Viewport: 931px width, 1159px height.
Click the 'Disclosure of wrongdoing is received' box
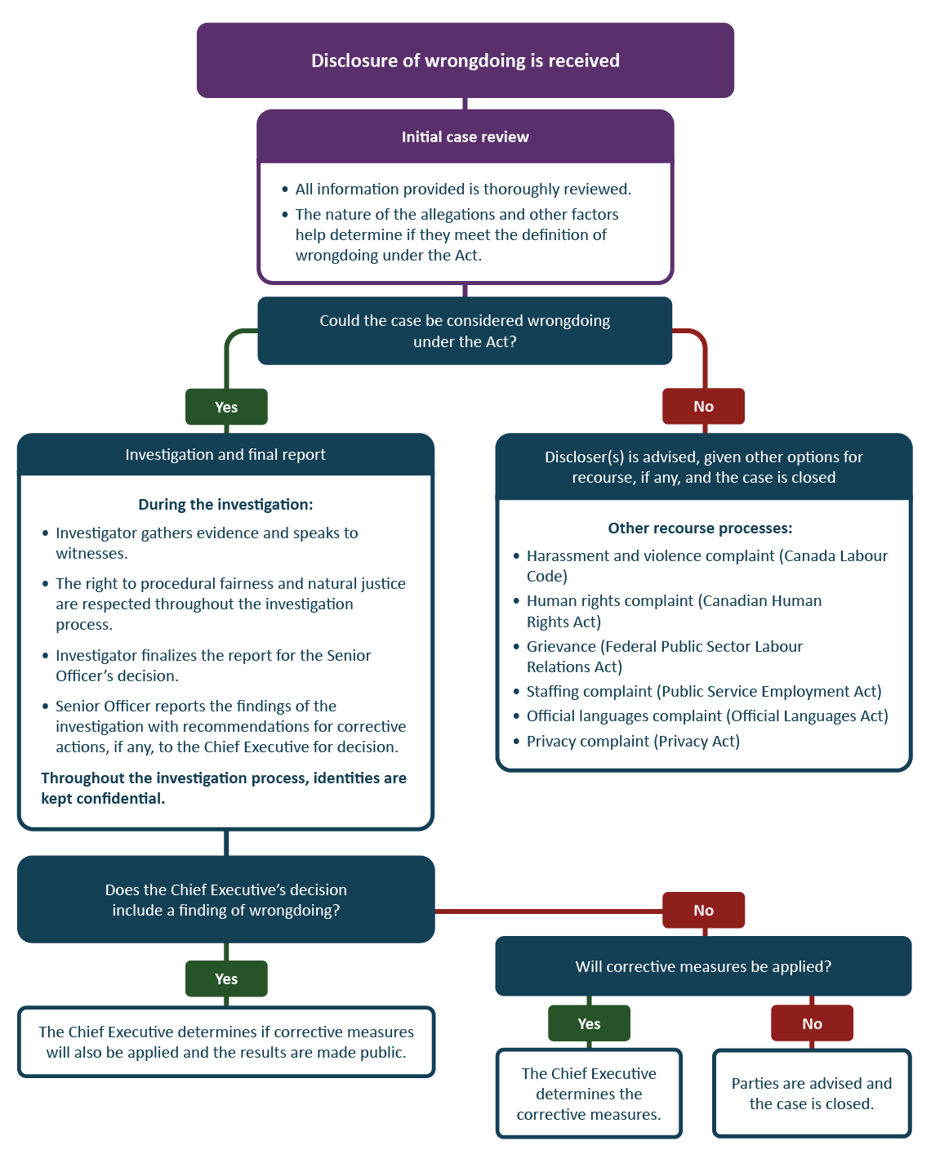[x=465, y=60]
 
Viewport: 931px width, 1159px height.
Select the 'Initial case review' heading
[x=465, y=137]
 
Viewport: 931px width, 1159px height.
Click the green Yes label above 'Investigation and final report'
[x=226, y=407]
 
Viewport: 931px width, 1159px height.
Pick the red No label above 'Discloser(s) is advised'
[x=703, y=406]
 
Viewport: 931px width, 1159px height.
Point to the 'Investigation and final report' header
[x=225, y=455]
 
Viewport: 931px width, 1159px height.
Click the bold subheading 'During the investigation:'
[x=225, y=505]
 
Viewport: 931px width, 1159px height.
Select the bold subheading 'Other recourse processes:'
[x=700, y=528]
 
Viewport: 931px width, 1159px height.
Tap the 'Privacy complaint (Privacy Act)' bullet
[x=633, y=742]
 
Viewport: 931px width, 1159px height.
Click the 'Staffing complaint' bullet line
[x=703, y=692]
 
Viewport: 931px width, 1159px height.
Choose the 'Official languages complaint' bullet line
[x=706, y=716]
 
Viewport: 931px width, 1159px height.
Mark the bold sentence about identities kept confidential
[x=224, y=788]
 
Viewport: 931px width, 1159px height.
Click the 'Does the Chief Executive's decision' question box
[x=226, y=900]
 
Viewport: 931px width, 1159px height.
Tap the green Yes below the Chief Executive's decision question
[x=226, y=978]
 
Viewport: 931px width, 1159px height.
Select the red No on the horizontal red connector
[x=703, y=910]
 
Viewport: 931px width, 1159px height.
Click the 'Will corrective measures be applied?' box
[x=703, y=967]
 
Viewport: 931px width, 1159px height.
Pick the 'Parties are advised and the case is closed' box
[x=812, y=1094]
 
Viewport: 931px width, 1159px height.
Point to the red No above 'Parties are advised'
[x=812, y=1023]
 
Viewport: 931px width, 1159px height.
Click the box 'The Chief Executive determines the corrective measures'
[x=589, y=1094]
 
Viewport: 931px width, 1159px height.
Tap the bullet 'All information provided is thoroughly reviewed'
[x=463, y=189]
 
